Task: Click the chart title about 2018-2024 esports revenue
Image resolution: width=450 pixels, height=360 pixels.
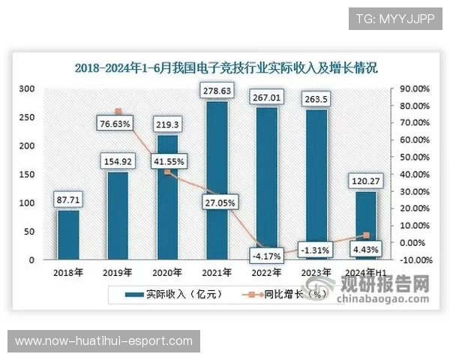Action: tap(225, 67)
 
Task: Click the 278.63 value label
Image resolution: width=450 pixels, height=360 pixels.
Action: tap(217, 91)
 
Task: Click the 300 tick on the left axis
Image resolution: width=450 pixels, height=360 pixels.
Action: tap(27, 88)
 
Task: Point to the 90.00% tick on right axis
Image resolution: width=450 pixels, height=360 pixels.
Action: tap(414, 88)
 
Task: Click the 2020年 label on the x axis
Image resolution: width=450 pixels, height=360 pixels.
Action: tap(168, 272)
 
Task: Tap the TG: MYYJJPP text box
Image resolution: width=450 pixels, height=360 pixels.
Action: tap(395, 18)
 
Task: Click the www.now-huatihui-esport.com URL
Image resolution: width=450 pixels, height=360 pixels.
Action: tap(104, 341)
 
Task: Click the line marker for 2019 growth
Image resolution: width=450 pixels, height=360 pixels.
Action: tap(118, 112)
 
